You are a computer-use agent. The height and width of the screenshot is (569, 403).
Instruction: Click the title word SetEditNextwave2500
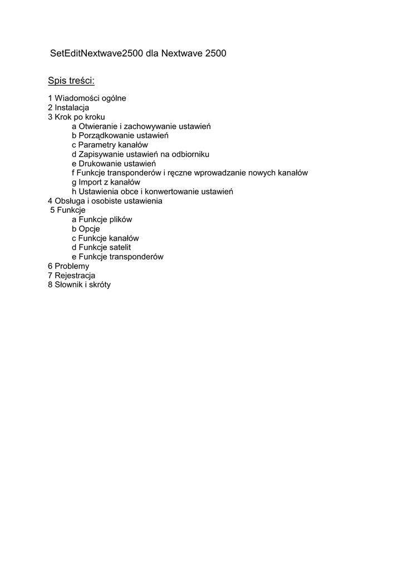point(97,54)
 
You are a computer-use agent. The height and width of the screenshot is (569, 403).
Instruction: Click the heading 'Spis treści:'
point(71,81)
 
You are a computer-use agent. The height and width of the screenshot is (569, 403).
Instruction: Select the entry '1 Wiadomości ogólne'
point(87,98)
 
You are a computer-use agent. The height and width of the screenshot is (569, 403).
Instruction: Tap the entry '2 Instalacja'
point(68,108)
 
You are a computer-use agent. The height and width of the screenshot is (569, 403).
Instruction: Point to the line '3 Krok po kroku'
point(76,117)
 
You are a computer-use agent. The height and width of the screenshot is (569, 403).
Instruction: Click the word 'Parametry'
point(96,145)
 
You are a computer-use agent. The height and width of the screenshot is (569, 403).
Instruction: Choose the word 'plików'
point(120,219)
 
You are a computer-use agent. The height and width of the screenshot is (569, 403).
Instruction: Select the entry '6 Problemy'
point(68,266)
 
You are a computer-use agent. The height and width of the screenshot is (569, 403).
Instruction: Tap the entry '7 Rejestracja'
point(71,276)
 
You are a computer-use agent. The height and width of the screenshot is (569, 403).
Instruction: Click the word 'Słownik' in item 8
point(68,285)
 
